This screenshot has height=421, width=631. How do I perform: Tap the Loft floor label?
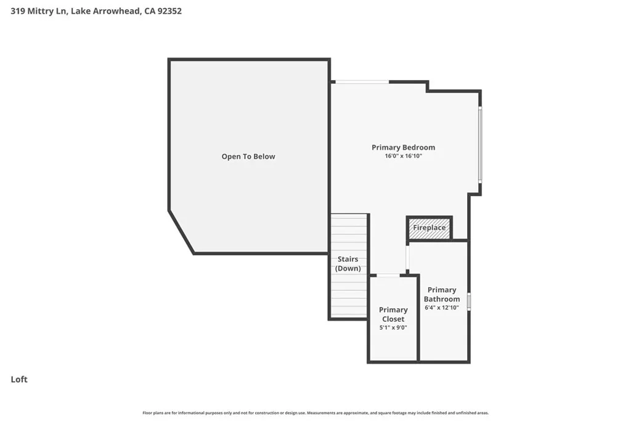coord(19,380)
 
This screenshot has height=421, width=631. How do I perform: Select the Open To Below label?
coord(248,157)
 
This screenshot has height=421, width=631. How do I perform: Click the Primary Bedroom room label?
coord(403,147)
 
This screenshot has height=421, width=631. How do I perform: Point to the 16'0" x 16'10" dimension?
coord(403,157)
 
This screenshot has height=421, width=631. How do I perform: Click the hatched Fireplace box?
coord(429,228)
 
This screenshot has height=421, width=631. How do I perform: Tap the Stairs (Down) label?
coord(348,264)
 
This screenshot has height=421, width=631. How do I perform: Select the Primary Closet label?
coord(393,314)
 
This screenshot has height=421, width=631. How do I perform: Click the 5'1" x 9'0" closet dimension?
coord(393,328)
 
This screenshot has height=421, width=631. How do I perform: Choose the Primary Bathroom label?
coord(442,294)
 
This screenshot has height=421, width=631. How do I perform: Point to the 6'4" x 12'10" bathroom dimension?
coord(442,307)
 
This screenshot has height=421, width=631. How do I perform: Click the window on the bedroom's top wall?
coord(362,82)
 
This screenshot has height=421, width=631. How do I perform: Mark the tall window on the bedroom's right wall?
coord(480,144)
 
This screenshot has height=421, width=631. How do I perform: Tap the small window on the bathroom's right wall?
coord(469,301)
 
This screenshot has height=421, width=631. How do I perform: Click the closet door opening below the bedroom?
coord(388,275)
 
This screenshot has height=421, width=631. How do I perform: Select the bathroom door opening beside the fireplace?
coord(407,258)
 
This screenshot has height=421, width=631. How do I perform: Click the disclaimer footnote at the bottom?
coord(315,413)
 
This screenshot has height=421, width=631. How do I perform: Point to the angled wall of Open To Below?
coord(181,232)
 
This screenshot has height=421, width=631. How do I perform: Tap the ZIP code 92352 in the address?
coord(169,10)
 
